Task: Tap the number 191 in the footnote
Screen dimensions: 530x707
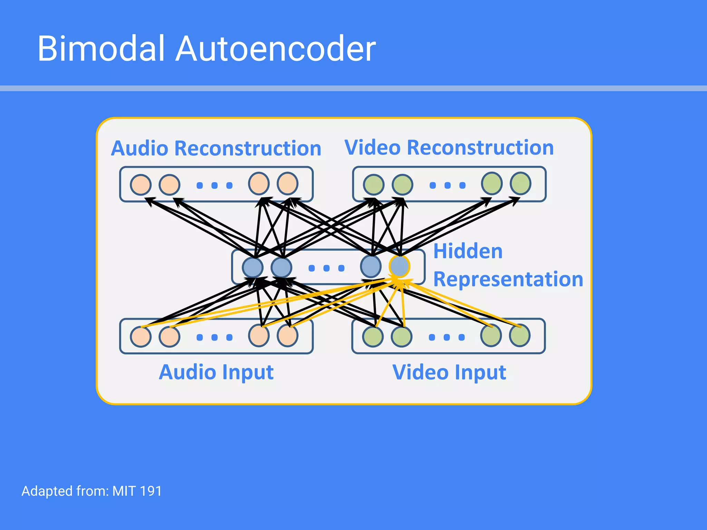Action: click(151, 491)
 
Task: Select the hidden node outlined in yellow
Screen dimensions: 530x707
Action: click(399, 266)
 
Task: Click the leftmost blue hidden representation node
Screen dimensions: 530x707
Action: click(253, 267)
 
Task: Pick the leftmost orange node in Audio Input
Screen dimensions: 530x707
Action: click(141, 336)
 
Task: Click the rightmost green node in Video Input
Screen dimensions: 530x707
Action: click(520, 335)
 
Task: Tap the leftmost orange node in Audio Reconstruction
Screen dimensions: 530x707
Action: click(141, 184)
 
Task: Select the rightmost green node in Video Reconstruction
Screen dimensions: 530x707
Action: click(521, 184)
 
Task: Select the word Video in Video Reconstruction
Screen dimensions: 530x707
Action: click(372, 148)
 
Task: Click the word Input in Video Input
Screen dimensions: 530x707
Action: click(481, 373)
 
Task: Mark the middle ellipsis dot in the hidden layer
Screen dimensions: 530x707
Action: click(326, 268)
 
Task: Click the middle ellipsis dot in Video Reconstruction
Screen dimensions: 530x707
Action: click(447, 186)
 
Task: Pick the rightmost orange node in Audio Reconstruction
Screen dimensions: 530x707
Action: click(288, 184)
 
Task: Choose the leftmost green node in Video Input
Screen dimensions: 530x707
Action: click(373, 336)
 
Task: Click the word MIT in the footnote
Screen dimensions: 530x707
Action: click(124, 491)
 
